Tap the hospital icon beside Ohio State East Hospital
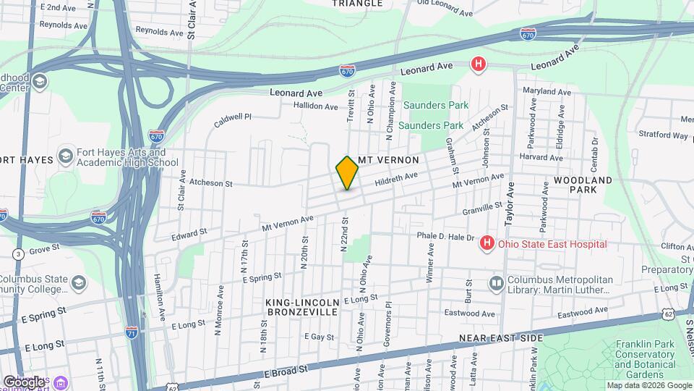[487, 244]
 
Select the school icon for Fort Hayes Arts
[65, 157]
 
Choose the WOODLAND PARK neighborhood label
[583, 185]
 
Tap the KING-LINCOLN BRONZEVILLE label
[302, 307]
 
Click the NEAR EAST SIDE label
[501, 338]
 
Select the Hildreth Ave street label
[396, 178]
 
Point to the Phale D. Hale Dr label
[444, 236]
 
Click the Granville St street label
[482, 209]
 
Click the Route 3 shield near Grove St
[18, 254]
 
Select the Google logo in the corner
[24, 382]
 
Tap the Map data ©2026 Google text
[648, 385]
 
